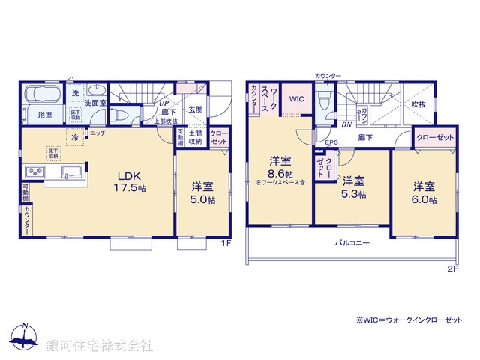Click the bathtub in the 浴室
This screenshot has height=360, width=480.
(46, 97)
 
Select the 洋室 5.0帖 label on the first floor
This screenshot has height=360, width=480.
(202, 193)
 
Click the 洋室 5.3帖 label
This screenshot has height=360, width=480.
(354, 187)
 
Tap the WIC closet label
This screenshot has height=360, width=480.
(297, 98)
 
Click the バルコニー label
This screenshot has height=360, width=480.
(352, 243)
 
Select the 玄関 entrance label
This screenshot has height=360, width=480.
(195, 109)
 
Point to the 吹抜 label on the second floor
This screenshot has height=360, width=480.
(418, 104)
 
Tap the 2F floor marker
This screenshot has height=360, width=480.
(452, 268)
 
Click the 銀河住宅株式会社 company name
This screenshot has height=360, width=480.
(100, 345)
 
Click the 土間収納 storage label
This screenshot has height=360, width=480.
(195, 138)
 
